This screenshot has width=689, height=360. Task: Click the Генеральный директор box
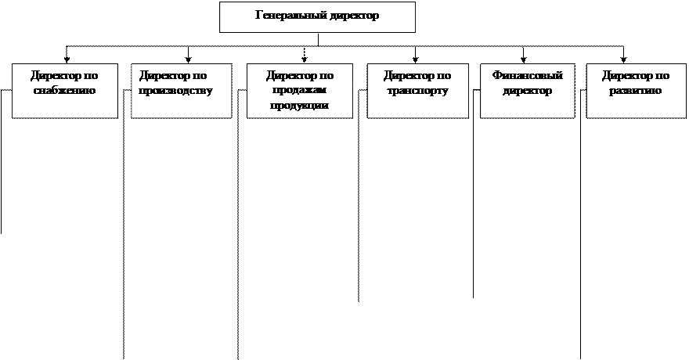(x=317, y=17)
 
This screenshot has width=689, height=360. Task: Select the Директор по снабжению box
(x=65, y=91)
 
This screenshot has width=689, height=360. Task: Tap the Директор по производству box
(x=182, y=91)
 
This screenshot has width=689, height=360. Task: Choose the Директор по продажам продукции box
(x=300, y=91)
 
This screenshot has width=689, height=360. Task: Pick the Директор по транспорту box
(x=417, y=91)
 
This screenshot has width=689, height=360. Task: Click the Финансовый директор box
(x=527, y=91)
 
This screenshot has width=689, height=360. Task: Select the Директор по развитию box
(x=635, y=91)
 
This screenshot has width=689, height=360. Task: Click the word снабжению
(x=65, y=91)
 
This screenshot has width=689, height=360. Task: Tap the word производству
(x=176, y=91)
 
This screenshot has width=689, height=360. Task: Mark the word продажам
(x=300, y=91)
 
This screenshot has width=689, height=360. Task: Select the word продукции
(x=300, y=106)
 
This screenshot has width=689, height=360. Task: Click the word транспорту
(x=417, y=91)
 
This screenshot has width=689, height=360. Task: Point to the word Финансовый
(x=528, y=76)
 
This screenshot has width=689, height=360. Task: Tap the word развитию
(x=635, y=91)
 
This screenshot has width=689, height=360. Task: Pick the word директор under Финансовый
(x=528, y=91)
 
